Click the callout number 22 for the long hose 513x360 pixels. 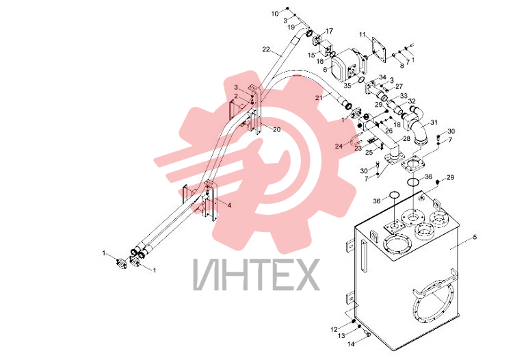[266, 49]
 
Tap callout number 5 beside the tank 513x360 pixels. [475, 237]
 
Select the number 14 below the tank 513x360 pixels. [351, 344]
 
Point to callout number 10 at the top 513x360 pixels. [275, 14]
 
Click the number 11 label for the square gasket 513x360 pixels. [363, 34]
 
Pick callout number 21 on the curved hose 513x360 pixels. [319, 97]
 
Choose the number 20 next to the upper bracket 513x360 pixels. [277, 129]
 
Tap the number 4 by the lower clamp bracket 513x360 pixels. [229, 205]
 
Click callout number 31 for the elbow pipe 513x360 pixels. [434, 123]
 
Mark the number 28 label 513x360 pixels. [406, 139]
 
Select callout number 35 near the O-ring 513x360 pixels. [347, 86]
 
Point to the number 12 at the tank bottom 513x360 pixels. [334, 330]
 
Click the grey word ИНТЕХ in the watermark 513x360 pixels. [256, 275]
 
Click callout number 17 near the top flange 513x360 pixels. [330, 31]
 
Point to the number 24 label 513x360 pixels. [339, 146]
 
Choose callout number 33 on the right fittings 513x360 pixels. [404, 96]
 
